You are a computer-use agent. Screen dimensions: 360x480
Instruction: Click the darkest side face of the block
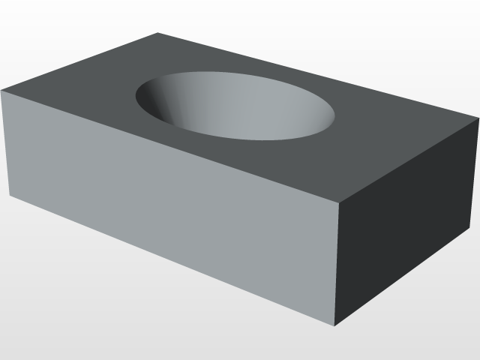[x=405, y=225]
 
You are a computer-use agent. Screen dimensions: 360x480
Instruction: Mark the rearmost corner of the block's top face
[x=158, y=33]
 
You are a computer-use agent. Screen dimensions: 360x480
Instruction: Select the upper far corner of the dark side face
[x=477, y=118]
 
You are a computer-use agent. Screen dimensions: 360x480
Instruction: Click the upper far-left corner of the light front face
[x=2, y=91]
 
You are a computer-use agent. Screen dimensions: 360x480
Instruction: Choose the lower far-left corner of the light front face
[x=10, y=196]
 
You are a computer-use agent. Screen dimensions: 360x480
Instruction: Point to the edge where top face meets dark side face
[x=409, y=161]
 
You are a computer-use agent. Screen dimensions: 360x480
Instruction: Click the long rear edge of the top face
[x=318, y=76]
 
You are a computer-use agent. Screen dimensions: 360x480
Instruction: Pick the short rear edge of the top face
[x=80, y=62]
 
